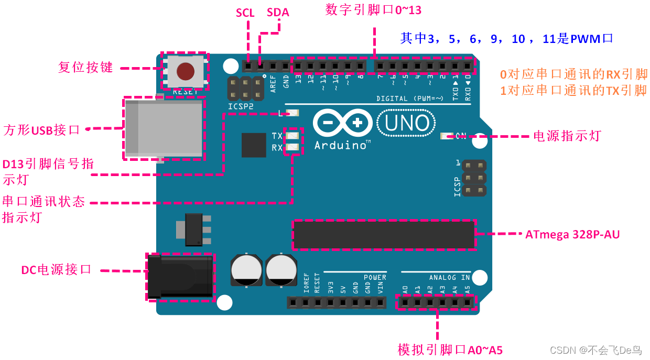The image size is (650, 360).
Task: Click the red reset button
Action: point(185,71)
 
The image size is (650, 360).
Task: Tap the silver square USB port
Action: point(164,128)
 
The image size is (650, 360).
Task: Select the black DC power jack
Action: point(179,277)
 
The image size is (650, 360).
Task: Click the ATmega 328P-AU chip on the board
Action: point(383,234)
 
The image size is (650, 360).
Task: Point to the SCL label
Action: point(245,13)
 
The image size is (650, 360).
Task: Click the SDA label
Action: point(278,12)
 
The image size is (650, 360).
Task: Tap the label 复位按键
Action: point(85,68)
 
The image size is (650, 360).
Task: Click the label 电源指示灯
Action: point(567,136)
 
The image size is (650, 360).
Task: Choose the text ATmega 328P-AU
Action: point(572,235)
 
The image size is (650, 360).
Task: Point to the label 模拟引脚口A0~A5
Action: point(450,350)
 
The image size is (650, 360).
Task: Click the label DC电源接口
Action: point(57,270)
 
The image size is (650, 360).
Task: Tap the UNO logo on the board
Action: point(406,123)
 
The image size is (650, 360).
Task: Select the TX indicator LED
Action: point(293,136)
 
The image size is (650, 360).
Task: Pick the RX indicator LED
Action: point(293,148)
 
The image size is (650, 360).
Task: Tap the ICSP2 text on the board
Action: point(241,106)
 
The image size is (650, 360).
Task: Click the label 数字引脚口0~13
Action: point(373,10)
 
